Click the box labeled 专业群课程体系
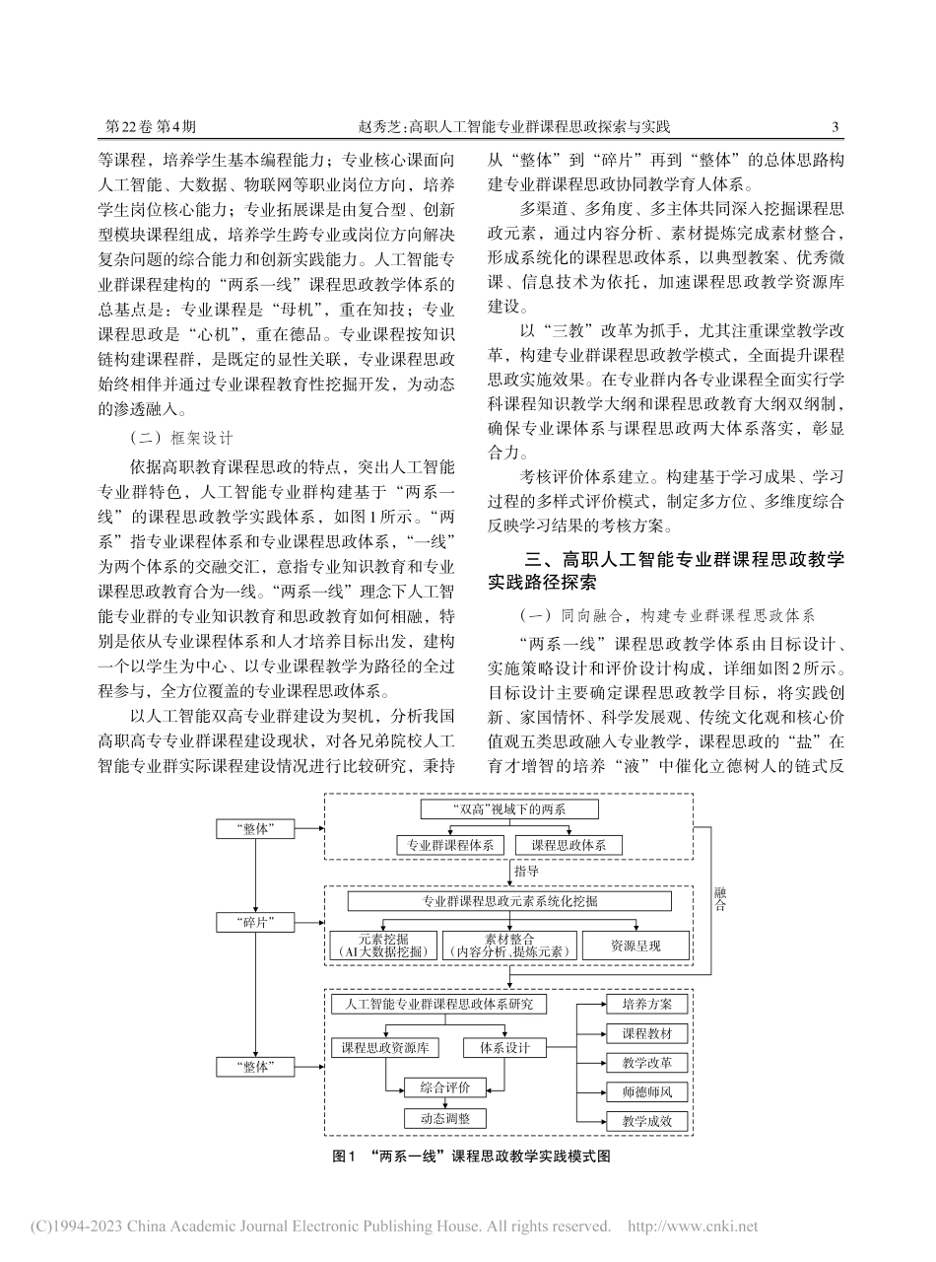(x=451, y=845)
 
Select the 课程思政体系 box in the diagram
(x=576, y=845)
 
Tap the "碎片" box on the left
(x=255, y=922)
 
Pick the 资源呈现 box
(x=635, y=946)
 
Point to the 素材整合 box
(x=509, y=946)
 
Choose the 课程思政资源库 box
(x=385, y=1048)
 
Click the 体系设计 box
(x=504, y=1048)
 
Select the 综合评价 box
(x=444, y=1087)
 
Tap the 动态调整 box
(x=444, y=1118)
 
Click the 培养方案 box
(x=646, y=1004)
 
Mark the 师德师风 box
(x=646, y=1092)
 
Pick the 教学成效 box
(x=646, y=1122)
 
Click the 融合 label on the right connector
(x=719, y=898)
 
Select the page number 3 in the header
(x=836, y=126)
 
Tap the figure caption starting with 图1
(x=472, y=1157)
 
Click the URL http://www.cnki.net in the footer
(x=694, y=1227)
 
